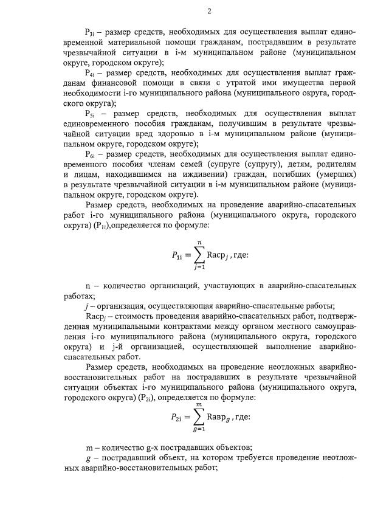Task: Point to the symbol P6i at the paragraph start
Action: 91,154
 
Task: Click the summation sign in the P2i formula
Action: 198,418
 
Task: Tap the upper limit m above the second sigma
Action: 199,404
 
